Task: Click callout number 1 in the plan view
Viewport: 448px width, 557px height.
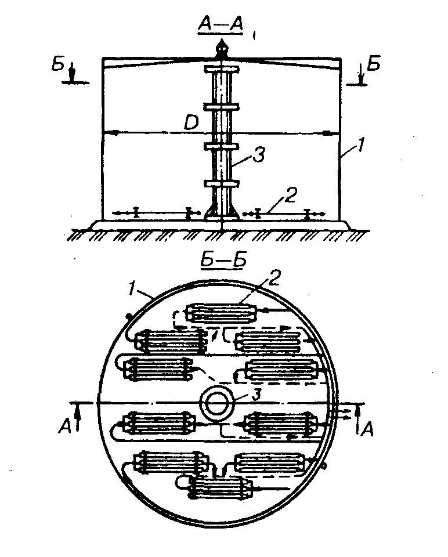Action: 133,286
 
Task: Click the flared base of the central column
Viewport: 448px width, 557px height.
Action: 222,213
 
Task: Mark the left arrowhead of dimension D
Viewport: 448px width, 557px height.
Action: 113,133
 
